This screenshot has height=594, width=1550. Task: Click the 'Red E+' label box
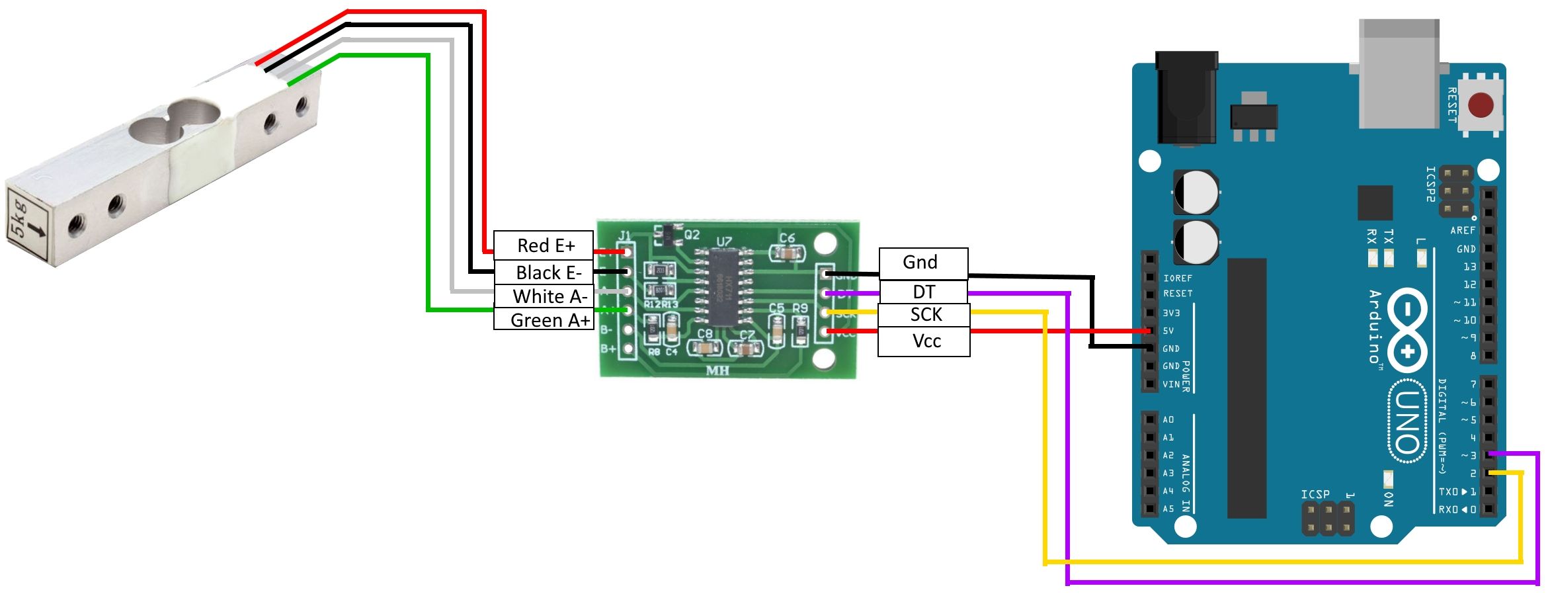tap(544, 245)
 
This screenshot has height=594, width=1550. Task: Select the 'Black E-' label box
tap(544, 273)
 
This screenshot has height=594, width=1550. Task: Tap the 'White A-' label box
tap(544, 296)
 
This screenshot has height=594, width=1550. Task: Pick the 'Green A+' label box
tap(544, 320)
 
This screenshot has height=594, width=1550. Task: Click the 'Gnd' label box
tap(923, 263)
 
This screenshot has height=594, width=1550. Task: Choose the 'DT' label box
tap(923, 292)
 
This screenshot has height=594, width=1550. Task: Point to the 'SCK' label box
tap(924, 315)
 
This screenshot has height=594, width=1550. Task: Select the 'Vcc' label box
tap(924, 341)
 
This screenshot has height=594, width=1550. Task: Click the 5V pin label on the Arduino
tap(1168, 331)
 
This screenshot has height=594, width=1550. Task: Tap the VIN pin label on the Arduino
tap(1170, 384)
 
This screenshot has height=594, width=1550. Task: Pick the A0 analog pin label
tap(1168, 419)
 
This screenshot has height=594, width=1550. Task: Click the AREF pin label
tap(1463, 230)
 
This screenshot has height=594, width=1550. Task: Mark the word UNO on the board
tap(1407, 421)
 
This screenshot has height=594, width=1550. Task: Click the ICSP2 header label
tap(1430, 184)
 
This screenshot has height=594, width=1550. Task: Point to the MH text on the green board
tap(717, 370)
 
